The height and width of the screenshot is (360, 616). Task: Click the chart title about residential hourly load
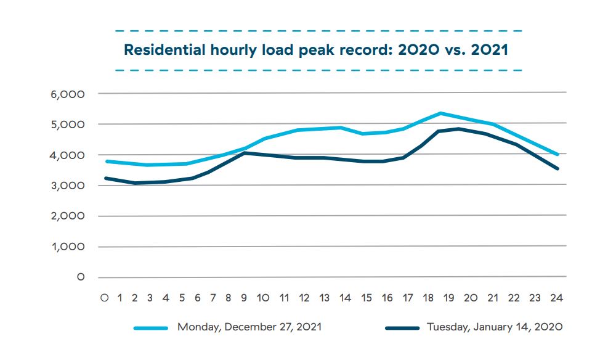(316, 50)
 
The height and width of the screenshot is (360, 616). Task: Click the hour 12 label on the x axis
(304, 298)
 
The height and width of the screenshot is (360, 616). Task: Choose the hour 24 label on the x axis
(556, 298)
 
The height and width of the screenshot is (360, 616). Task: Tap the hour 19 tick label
(450, 298)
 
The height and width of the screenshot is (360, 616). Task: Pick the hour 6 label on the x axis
(197, 298)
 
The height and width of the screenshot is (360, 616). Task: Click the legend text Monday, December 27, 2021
(249, 327)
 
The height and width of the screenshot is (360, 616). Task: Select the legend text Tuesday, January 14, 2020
(495, 327)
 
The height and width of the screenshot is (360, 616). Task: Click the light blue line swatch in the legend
(152, 328)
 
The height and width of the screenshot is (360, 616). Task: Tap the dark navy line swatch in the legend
(402, 328)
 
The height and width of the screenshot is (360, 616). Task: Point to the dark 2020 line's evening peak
(460, 129)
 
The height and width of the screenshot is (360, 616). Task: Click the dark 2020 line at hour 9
(244, 152)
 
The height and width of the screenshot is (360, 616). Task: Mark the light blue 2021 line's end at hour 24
(557, 155)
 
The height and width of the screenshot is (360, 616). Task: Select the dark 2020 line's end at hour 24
(557, 168)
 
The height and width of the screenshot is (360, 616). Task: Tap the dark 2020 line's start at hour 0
(106, 178)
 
